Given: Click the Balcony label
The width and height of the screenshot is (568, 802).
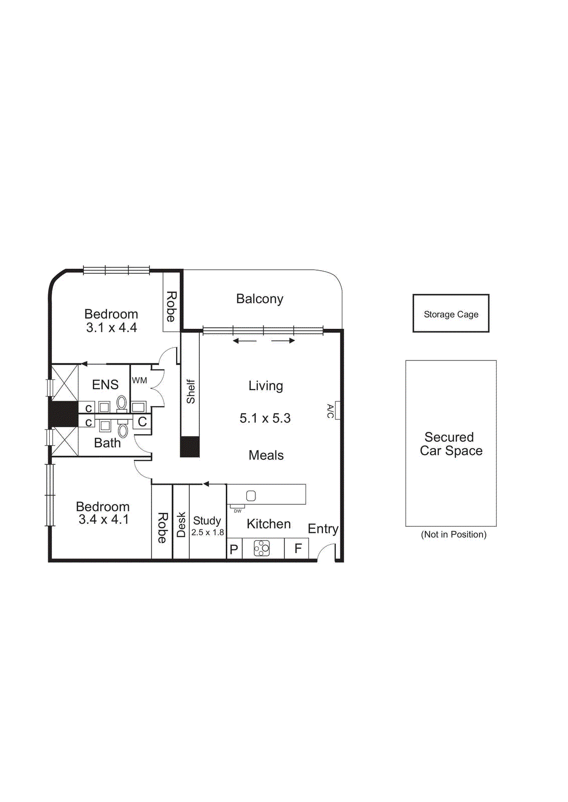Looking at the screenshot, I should coord(259,299).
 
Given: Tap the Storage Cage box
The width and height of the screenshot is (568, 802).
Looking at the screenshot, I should coord(451,314).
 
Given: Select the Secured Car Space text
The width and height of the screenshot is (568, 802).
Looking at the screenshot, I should coord(451,444).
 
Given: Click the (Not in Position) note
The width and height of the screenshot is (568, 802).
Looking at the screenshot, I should coord(453,534).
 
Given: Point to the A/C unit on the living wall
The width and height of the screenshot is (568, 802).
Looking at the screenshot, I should coord(338,410).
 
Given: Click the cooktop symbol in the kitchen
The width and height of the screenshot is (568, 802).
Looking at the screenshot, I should coord(261,548).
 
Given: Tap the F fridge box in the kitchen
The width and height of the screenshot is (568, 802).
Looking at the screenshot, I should coord(297,548).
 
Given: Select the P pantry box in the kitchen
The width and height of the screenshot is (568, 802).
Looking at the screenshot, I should coord(234,549).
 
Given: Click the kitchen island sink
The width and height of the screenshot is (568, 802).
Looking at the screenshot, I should coord(251,496).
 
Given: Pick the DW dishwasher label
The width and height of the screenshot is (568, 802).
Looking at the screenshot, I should coord(237,511).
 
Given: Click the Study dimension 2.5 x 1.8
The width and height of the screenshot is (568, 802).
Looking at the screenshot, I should coord(207,532).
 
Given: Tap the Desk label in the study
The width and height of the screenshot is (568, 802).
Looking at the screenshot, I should coord(181,524).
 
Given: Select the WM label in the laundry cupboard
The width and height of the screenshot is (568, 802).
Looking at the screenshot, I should coord(139,380).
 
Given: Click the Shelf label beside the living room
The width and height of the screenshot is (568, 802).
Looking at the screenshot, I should coord(190,391).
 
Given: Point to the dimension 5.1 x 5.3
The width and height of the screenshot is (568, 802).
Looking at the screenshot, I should coord(265,418).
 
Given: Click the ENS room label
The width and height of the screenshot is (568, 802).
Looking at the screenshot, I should coord(105,384).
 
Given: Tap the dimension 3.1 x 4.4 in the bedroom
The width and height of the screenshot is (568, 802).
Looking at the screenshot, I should coord(111,328).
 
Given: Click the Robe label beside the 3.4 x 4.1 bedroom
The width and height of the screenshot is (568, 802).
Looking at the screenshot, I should coord(162,527).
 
